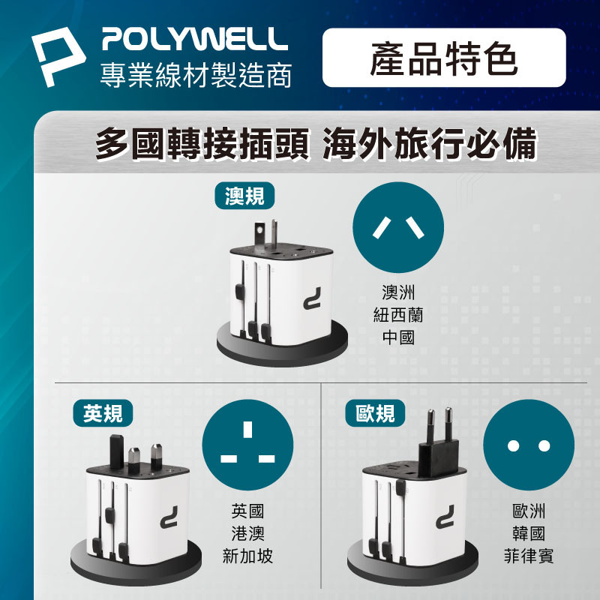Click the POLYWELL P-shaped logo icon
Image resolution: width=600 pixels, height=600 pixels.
[58, 55]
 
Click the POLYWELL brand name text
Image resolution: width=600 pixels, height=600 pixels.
[195, 39]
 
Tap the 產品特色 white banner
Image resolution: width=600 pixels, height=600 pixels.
[444, 58]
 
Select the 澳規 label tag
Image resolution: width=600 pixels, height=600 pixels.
[244, 196]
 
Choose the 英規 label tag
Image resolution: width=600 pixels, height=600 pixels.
[103, 413]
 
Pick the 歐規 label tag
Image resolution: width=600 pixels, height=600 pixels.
[375, 413]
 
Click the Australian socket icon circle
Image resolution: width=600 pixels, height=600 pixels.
[398, 227]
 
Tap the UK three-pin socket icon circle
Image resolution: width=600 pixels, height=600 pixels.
[247, 445]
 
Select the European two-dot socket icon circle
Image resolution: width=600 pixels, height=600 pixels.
[529, 445]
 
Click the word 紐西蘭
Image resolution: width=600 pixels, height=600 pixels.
[398, 315]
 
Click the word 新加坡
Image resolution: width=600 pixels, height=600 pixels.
[247, 556]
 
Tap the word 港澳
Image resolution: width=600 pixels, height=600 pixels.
[247, 533]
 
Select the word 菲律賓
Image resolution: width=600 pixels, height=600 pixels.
[529, 556]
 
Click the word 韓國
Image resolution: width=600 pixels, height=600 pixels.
[529, 533]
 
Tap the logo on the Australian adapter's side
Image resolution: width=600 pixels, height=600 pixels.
[312, 298]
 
